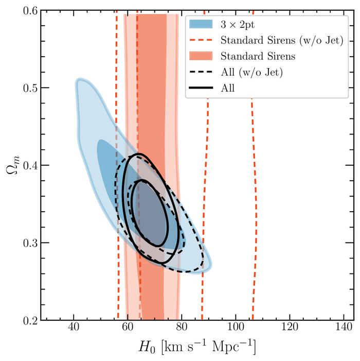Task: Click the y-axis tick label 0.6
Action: [x=28, y=10]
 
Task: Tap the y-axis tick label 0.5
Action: [x=28, y=88]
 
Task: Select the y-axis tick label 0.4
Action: [x=28, y=165]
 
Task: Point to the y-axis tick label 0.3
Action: [x=28, y=243]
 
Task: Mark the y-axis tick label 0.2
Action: [x=28, y=320]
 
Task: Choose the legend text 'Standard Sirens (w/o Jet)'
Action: [x=281, y=40]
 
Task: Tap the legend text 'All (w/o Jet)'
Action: [x=251, y=72]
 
